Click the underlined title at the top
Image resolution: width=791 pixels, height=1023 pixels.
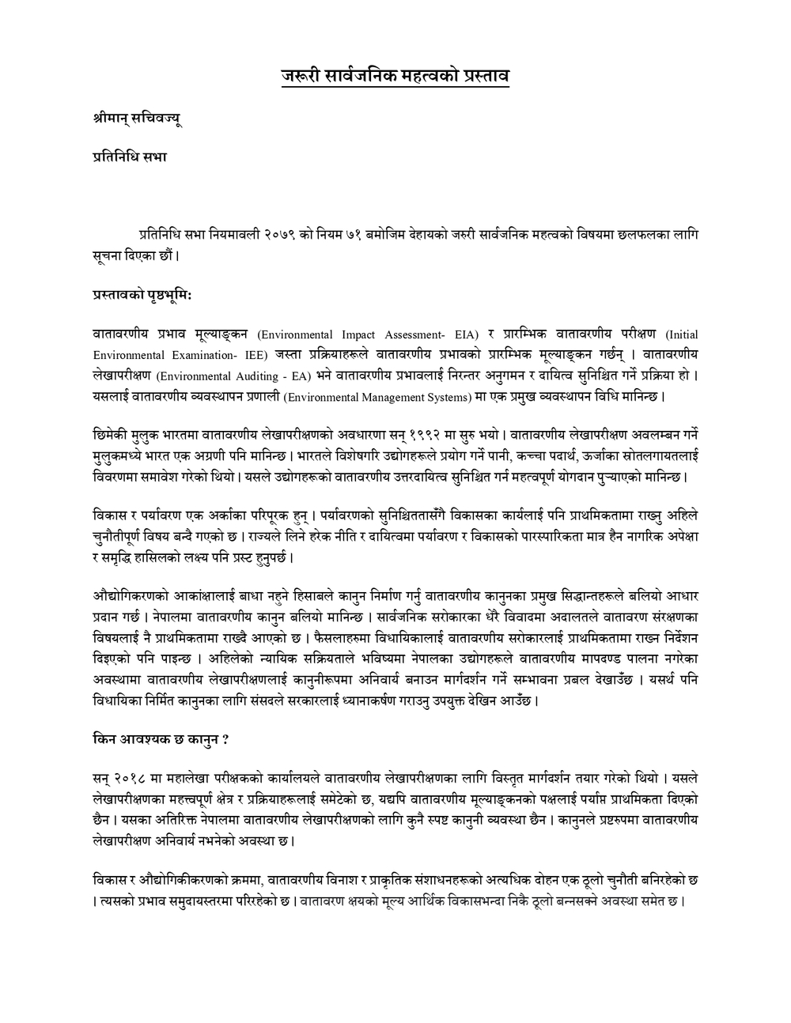(395, 77)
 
